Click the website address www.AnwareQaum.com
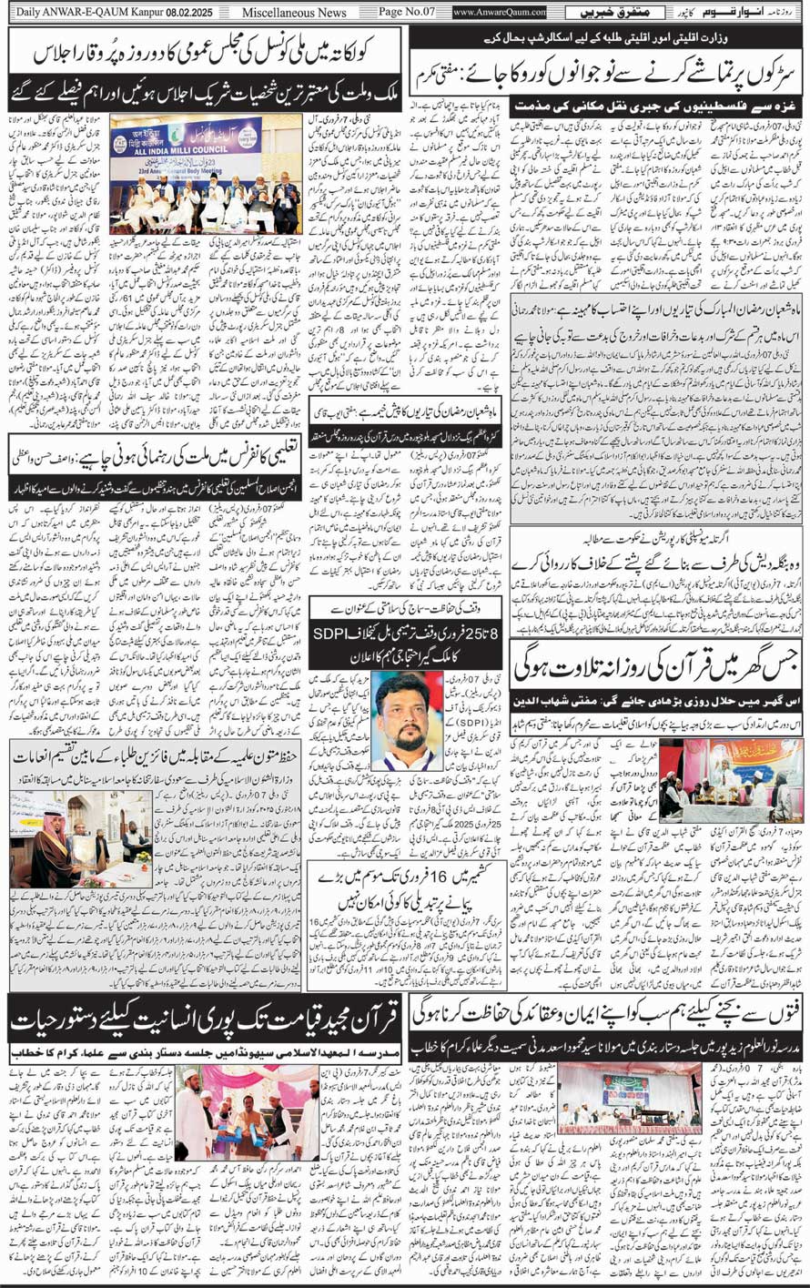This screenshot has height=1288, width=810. coord(500,13)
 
